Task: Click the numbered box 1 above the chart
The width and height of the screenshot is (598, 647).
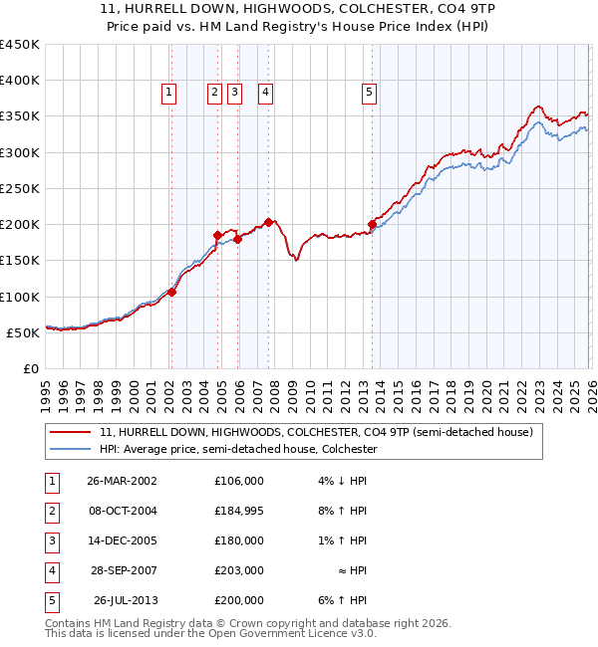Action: coord(169,93)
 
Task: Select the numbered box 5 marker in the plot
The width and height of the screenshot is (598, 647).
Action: coord(370,93)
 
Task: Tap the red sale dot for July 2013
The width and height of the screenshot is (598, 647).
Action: coord(372,224)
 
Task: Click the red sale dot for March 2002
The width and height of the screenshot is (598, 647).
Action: coord(171,293)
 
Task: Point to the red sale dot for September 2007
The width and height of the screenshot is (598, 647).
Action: coord(268,222)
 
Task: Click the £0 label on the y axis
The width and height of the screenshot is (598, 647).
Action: coord(31,368)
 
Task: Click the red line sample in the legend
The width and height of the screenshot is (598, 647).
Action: coord(71,432)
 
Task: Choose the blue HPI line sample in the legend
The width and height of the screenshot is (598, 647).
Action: coord(71,449)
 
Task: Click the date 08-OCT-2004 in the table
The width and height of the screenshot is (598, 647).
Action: coord(122,511)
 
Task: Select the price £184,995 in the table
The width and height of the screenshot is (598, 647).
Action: coord(239,511)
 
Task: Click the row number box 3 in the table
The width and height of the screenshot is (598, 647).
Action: coord(51,540)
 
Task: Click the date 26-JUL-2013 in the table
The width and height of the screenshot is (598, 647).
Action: coord(126,600)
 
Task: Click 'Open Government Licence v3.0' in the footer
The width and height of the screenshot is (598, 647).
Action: coord(293,633)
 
